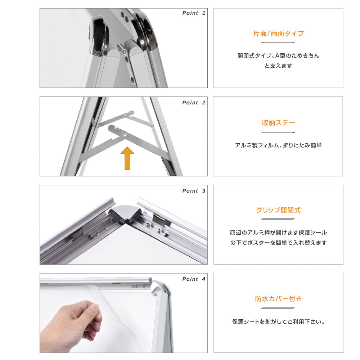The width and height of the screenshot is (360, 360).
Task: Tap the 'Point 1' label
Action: pos(194,13)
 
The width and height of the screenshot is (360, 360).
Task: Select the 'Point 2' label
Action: pos(194,103)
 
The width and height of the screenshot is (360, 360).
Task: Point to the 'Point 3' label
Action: pos(194,191)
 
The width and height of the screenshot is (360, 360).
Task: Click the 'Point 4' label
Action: pos(194,279)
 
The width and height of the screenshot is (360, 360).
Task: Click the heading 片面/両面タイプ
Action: pos(278,34)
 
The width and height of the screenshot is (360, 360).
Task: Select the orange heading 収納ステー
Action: pos(278,123)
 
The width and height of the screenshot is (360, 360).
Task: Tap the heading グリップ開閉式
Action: pos(278,210)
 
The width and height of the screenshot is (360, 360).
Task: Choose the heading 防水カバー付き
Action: pos(278,299)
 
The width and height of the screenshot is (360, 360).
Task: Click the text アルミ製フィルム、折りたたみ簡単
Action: pos(278,145)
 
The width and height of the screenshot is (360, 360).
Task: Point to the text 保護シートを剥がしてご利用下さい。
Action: pos(278,322)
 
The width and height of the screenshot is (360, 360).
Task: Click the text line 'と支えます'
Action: pos(278,66)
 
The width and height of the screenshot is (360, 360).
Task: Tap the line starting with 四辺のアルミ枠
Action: pos(278,233)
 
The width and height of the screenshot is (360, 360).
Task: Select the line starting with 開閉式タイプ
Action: pos(278,56)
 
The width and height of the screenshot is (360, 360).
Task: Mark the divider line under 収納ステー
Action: pos(278,132)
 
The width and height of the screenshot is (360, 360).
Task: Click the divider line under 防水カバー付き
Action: pos(278,308)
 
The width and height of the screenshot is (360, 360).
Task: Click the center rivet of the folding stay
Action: pos(125,134)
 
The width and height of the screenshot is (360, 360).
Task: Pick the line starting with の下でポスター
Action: pos(278,243)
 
